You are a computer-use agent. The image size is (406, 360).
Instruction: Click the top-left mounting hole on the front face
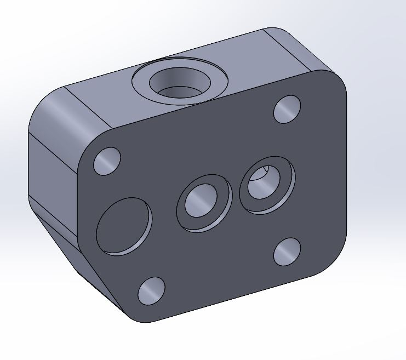[107, 161]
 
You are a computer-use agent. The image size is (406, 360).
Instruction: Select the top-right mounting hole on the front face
[287, 109]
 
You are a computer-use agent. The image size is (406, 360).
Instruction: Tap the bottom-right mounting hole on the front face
[287, 252]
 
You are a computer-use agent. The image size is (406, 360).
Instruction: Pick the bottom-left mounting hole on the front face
[151, 291]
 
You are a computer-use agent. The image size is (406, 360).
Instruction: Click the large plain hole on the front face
[124, 226]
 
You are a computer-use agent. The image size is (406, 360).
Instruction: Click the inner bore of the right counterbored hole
[264, 183]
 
